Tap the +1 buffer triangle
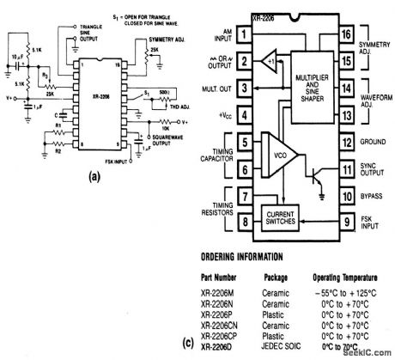click(x=269, y=61)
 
